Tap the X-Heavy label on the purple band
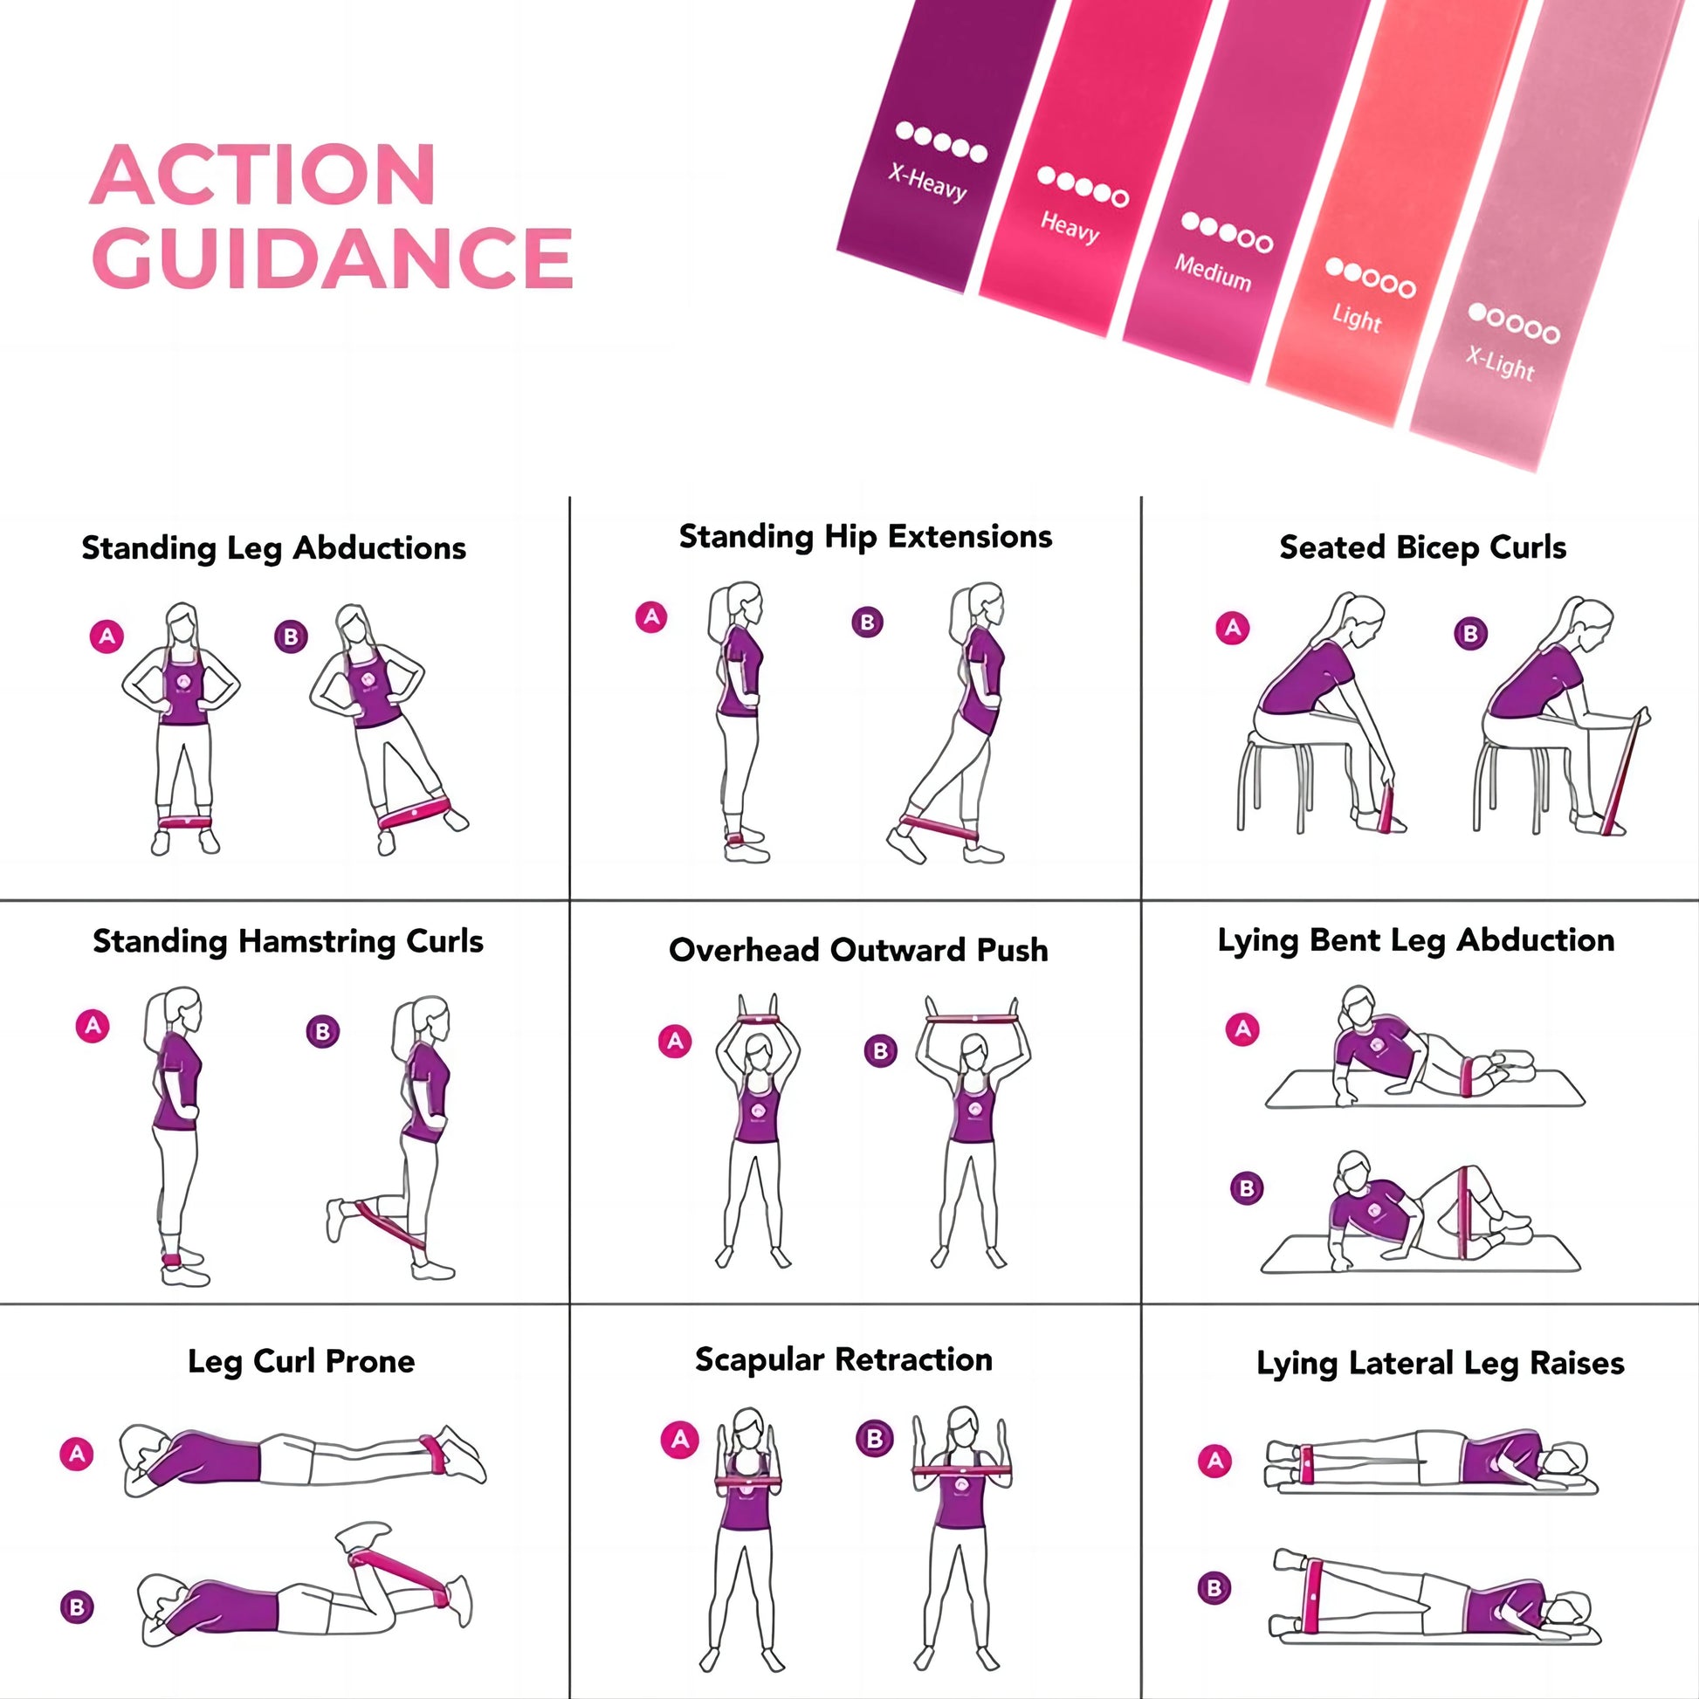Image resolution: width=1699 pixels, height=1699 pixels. coord(928,183)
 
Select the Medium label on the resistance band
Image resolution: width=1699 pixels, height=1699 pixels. coord(1213,272)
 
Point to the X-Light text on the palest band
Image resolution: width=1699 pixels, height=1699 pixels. coord(1500,362)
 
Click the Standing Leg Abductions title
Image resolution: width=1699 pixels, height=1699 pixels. coord(273,549)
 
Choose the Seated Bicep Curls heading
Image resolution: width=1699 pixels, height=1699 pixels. coord(1422,548)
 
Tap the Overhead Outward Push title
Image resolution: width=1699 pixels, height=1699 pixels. coord(858,950)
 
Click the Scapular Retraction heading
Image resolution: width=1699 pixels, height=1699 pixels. coord(843,1359)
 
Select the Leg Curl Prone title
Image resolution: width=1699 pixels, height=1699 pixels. coord(300,1361)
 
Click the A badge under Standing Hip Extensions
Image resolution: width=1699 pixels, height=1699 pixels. coord(651,616)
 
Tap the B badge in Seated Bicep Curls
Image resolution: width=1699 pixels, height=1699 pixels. coord(1470,633)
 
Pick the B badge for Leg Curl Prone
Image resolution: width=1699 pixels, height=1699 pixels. coord(77,1607)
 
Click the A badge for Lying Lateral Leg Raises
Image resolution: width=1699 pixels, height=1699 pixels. coord(1215,1462)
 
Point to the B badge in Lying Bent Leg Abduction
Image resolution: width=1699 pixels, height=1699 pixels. coord(1246,1189)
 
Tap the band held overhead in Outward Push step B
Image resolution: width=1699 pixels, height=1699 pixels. coord(973,1020)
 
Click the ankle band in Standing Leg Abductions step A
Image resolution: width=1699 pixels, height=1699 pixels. coord(185,822)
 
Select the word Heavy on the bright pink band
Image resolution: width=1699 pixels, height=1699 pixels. coord(1070,227)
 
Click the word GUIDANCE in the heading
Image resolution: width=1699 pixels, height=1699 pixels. coord(333,257)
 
